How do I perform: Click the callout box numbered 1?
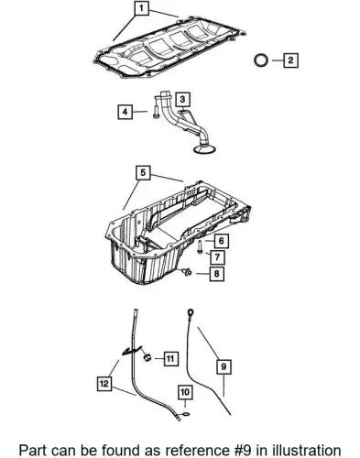click(141, 8)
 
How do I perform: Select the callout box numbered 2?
click(290, 60)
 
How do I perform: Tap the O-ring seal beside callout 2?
click(261, 60)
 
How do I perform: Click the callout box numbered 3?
click(182, 100)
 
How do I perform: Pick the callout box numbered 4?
click(125, 112)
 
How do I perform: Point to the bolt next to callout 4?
click(156, 110)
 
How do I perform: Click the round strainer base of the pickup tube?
click(204, 149)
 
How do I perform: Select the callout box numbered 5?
click(143, 173)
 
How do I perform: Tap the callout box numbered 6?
click(221, 241)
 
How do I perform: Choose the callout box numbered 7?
click(217, 256)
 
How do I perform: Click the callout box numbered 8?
click(217, 273)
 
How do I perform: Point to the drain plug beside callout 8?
click(186, 271)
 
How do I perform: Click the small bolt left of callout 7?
click(199, 246)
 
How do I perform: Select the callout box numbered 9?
click(224, 366)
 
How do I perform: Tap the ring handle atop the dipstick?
click(190, 312)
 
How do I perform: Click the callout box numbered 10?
click(185, 392)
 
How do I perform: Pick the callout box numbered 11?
click(170, 358)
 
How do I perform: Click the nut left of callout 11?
click(147, 357)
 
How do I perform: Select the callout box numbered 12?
click(104, 384)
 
